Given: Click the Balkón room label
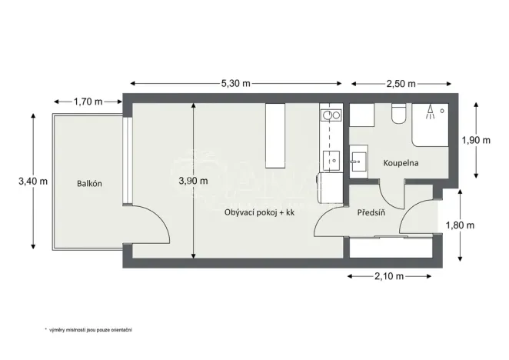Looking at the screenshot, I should (89, 184).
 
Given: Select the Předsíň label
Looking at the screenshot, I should (371, 212).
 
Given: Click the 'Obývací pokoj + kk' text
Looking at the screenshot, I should (260, 212).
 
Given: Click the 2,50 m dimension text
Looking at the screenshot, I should (401, 82).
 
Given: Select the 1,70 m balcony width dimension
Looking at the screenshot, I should (88, 101).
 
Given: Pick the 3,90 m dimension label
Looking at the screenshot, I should (193, 182).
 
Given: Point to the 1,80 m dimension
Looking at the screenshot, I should (461, 225).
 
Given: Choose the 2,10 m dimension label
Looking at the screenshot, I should (389, 275).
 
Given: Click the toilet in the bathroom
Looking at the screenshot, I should (398, 115).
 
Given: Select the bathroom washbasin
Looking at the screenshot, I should (358, 162).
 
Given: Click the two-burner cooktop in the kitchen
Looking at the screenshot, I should (331, 116).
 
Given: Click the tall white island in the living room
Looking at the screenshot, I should (275, 135).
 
